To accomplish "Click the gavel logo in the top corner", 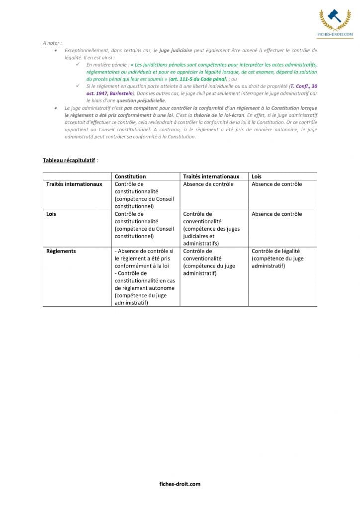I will tap(335, 18).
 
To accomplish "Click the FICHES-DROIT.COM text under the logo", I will tap(335, 35).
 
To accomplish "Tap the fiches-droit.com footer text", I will tap(180, 484).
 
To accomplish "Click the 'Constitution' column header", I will tap(130, 176).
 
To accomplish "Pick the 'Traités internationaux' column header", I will tap(211, 176).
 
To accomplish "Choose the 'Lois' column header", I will tap(257, 176).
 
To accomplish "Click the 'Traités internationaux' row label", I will tap(74, 184).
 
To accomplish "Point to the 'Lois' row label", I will tap(51, 214).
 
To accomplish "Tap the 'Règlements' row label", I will tap(61, 251).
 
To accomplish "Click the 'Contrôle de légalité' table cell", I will tap(277, 258).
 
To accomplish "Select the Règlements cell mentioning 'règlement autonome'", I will tap(145, 276).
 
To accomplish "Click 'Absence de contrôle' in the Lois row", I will tap(276, 214).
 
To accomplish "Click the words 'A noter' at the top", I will tap(52, 43).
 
